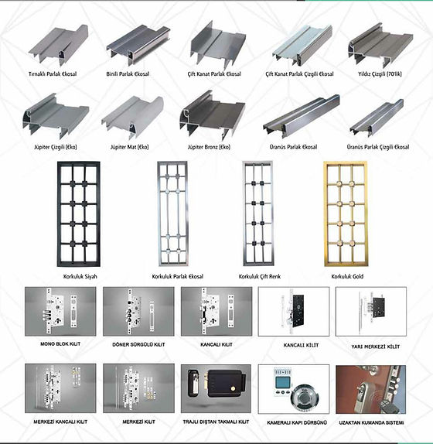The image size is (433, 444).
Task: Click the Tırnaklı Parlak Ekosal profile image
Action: click(58, 46)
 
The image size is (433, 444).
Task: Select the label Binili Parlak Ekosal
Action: click(128, 74)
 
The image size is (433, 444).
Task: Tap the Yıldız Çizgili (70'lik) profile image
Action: click(380, 45)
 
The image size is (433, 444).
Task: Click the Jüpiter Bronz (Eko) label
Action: click(209, 147)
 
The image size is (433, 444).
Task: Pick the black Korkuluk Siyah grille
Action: click(79, 214)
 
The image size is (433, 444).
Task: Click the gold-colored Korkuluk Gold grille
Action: click(346, 214)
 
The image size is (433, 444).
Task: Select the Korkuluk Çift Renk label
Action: click(260, 276)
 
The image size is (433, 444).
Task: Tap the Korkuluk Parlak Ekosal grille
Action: click(172, 214)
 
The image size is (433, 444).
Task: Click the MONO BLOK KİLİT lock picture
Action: click(60, 312)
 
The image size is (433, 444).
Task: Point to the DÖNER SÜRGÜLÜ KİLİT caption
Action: click(138, 345)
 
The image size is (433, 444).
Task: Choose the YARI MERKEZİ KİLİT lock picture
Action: click(371, 312)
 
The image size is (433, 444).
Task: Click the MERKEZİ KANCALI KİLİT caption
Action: click(60, 422)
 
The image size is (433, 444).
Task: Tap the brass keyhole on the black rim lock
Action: click(233, 388)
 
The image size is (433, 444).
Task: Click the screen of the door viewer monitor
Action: click(281, 383)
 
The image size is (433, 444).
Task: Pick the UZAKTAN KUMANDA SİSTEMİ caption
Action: click(371, 423)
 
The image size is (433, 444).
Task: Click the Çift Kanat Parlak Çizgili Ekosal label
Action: click(299, 74)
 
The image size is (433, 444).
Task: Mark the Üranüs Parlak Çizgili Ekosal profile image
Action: click(377, 118)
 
